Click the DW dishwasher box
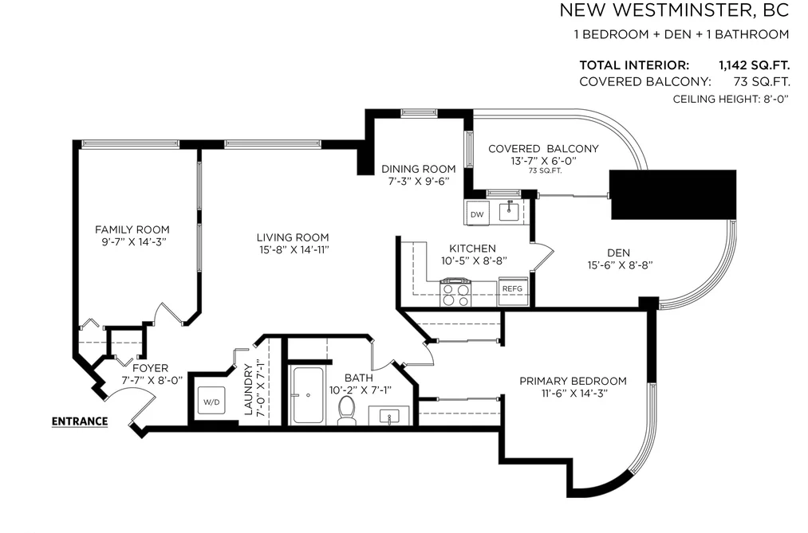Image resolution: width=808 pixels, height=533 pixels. coord(477,214)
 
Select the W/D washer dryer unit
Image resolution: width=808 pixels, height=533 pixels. coord(211,402)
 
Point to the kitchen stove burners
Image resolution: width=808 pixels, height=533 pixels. coord(456,294)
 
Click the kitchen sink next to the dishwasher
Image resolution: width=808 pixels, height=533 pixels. coord(509,210)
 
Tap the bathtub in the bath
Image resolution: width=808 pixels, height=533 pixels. coord(308,395)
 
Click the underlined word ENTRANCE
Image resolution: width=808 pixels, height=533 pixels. coord(80,421)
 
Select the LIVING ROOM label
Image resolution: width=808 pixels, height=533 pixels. coord(293,237)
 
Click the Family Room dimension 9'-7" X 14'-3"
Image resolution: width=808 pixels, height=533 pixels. coord(132,242)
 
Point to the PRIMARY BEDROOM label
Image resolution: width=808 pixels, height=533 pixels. coord(573,382)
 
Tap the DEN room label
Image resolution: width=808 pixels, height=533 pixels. coord(618,253)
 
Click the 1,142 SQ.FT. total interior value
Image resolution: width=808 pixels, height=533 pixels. coord(755,65)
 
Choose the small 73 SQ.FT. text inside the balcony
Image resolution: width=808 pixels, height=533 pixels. coord(546,170)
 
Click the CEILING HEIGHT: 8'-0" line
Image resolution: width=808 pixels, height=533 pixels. coord(731,99)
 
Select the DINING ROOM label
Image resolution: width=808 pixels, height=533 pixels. coord(419,169)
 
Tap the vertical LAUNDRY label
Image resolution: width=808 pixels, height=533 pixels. coord(248,390)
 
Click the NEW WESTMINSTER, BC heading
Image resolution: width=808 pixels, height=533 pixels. coord(674,10)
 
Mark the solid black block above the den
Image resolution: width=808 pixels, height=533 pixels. coord(673,194)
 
